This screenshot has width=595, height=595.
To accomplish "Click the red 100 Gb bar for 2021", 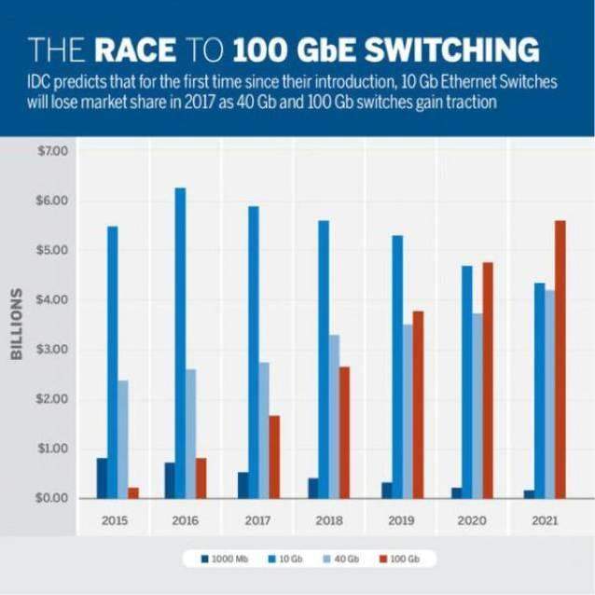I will [x=560, y=359].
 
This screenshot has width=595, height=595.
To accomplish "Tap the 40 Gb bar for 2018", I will [x=333, y=416].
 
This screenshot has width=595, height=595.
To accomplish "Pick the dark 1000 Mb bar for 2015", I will [x=102, y=477].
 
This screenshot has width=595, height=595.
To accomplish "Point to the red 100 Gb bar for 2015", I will [x=133, y=492].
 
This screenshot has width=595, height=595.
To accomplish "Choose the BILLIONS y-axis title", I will [x=17, y=324].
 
